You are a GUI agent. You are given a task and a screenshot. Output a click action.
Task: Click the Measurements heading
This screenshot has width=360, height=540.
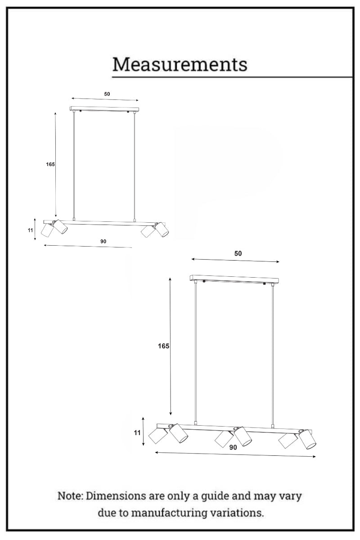180,65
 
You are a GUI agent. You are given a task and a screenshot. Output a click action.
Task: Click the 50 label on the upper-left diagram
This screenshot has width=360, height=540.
107,94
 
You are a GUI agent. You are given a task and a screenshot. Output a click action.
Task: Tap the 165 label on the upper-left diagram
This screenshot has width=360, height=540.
50,164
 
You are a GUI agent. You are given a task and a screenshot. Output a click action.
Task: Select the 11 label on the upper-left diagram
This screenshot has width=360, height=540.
30,230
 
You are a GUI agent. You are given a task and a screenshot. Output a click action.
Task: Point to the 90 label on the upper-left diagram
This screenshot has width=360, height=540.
103,241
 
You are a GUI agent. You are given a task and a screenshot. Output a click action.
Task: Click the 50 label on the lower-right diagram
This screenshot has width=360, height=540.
238,253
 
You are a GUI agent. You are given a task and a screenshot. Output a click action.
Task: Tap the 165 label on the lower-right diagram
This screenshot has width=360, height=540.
163,346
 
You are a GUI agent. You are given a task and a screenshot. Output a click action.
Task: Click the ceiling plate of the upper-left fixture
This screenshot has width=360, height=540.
104,109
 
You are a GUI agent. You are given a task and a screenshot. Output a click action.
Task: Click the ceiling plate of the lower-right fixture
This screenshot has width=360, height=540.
234,279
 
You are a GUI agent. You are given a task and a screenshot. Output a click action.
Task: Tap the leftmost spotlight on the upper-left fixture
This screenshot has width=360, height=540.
47,230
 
